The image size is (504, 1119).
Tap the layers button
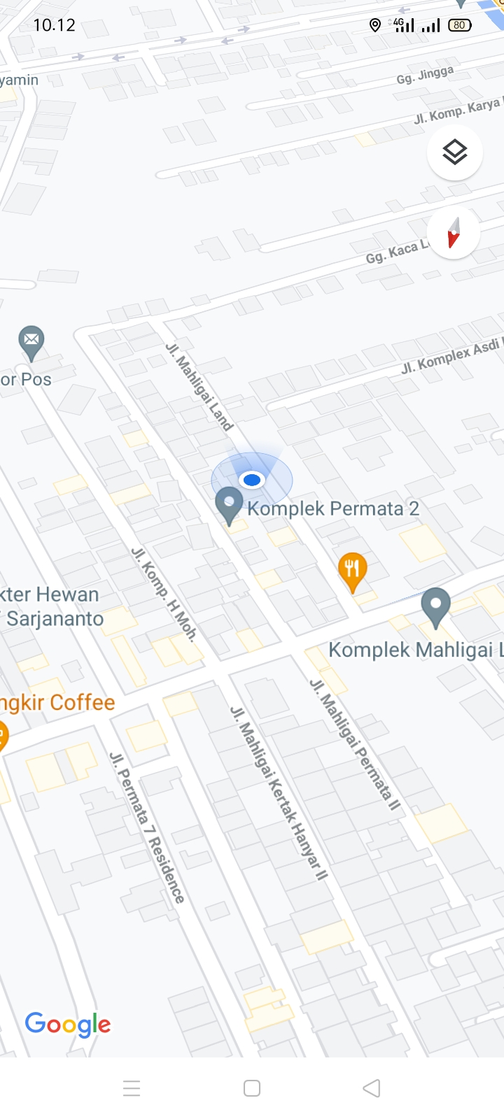pyautogui.click(x=455, y=152)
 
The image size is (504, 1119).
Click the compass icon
pyautogui.click(x=454, y=233)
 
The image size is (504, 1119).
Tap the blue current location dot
pyautogui.click(x=251, y=480)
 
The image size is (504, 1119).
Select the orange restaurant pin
pyautogui.click(x=352, y=570)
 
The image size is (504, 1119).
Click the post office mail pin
pyautogui.click(x=31, y=342)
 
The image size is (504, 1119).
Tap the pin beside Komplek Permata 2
pyautogui.click(x=228, y=504)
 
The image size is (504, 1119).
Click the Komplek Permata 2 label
pyautogui.click(x=333, y=508)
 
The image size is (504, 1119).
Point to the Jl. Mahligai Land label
pyautogui.click(x=199, y=386)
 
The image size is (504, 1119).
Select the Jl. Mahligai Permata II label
pyautogui.click(x=356, y=744)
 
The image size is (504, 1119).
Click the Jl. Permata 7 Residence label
pyautogui.click(x=148, y=827)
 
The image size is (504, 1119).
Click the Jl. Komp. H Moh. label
pyautogui.click(x=164, y=594)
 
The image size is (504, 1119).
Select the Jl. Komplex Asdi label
pyautogui.click(x=451, y=356)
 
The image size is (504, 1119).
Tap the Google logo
pyautogui.click(x=68, y=1025)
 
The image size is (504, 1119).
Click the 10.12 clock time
pyautogui.click(x=54, y=25)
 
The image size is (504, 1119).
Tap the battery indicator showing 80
pyautogui.click(x=459, y=25)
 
